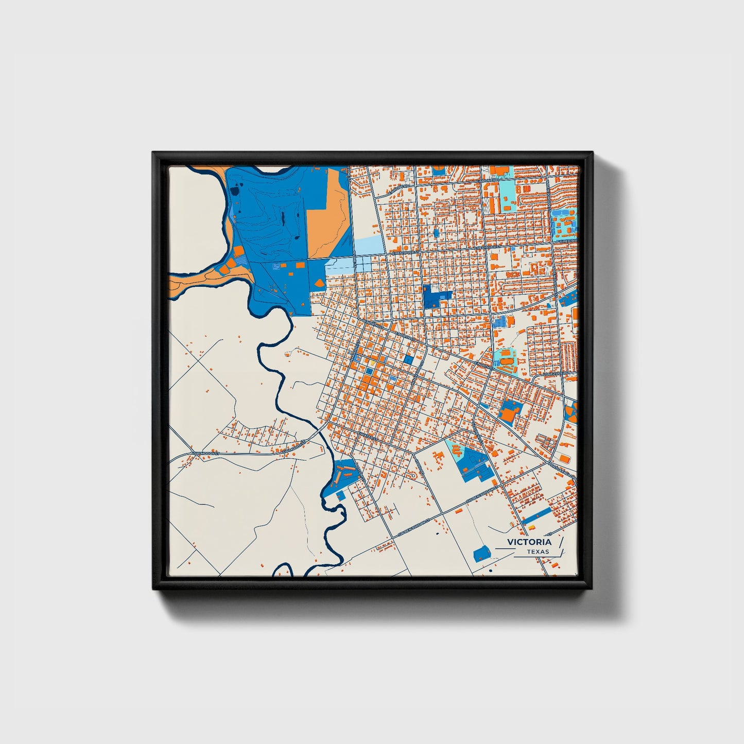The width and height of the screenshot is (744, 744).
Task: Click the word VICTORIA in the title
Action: coord(529,542)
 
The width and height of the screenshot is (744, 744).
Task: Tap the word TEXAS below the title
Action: coord(538,552)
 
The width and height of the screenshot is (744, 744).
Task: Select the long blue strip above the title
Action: coord(537,514)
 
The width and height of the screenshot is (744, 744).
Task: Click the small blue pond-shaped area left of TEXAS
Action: coord(481,554)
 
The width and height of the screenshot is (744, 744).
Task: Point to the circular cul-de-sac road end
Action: coord(412,475)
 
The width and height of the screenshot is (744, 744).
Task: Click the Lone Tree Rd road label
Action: coord(558,372)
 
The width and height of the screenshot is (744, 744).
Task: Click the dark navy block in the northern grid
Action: coord(436,297)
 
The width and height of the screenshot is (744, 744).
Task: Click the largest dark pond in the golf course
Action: coord(235,191)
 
